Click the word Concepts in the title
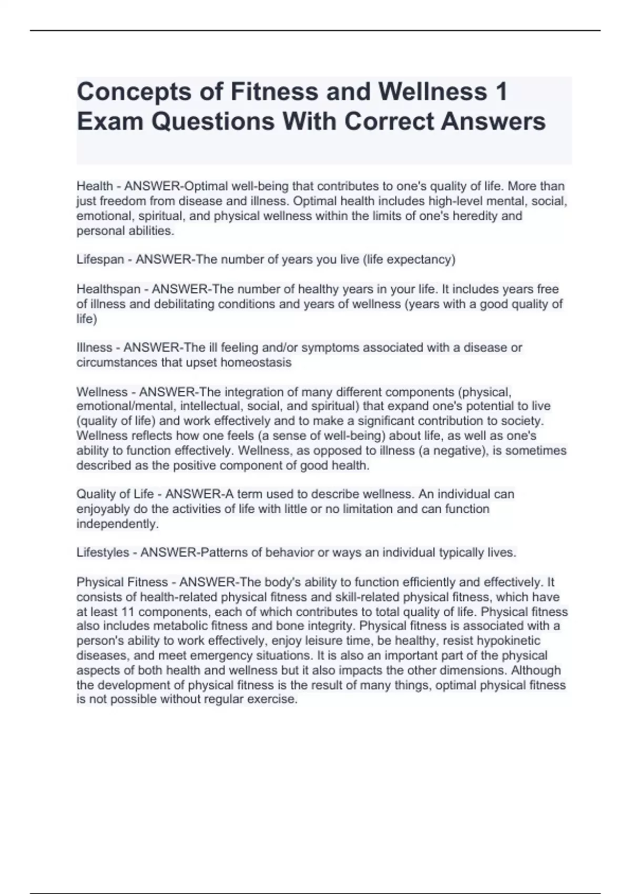[x=134, y=93]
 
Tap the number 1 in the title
[x=501, y=92]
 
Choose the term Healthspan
[x=108, y=289]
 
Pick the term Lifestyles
[x=103, y=553]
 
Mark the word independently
[x=117, y=524]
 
